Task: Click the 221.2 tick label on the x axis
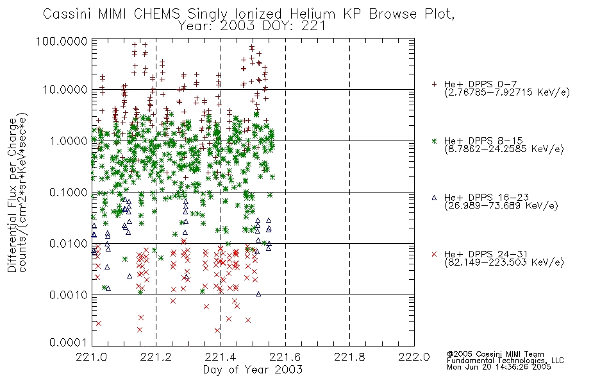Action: click(x=156, y=357)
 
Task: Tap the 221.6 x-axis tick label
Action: click(x=285, y=357)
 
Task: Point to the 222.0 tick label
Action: click(x=414, y=357)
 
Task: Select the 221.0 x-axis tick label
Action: click(x=92, y=357)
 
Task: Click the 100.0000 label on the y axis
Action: click(x=62, y=41)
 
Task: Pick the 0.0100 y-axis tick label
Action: click(x=69, y=244)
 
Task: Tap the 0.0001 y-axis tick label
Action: click(x=69, y=343)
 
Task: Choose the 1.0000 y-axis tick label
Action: click(x=69, y=141)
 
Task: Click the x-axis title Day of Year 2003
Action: click(x=253, y=370)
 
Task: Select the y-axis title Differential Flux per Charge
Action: click(x=12, y=196)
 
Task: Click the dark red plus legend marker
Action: click(x=434, y=84)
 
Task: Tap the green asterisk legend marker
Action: click(x=434, y=141)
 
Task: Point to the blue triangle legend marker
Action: click(x=434, y=198)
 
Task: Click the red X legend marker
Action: click(x=434, y=254)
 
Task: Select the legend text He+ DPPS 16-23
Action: click(x=487, y=197)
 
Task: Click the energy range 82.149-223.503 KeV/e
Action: click(x=504, y=262)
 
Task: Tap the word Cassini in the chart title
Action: click(x=67, y=14)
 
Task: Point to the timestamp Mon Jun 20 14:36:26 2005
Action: click(x=499, y=367)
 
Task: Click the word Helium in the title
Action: click(x=312, y=14)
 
